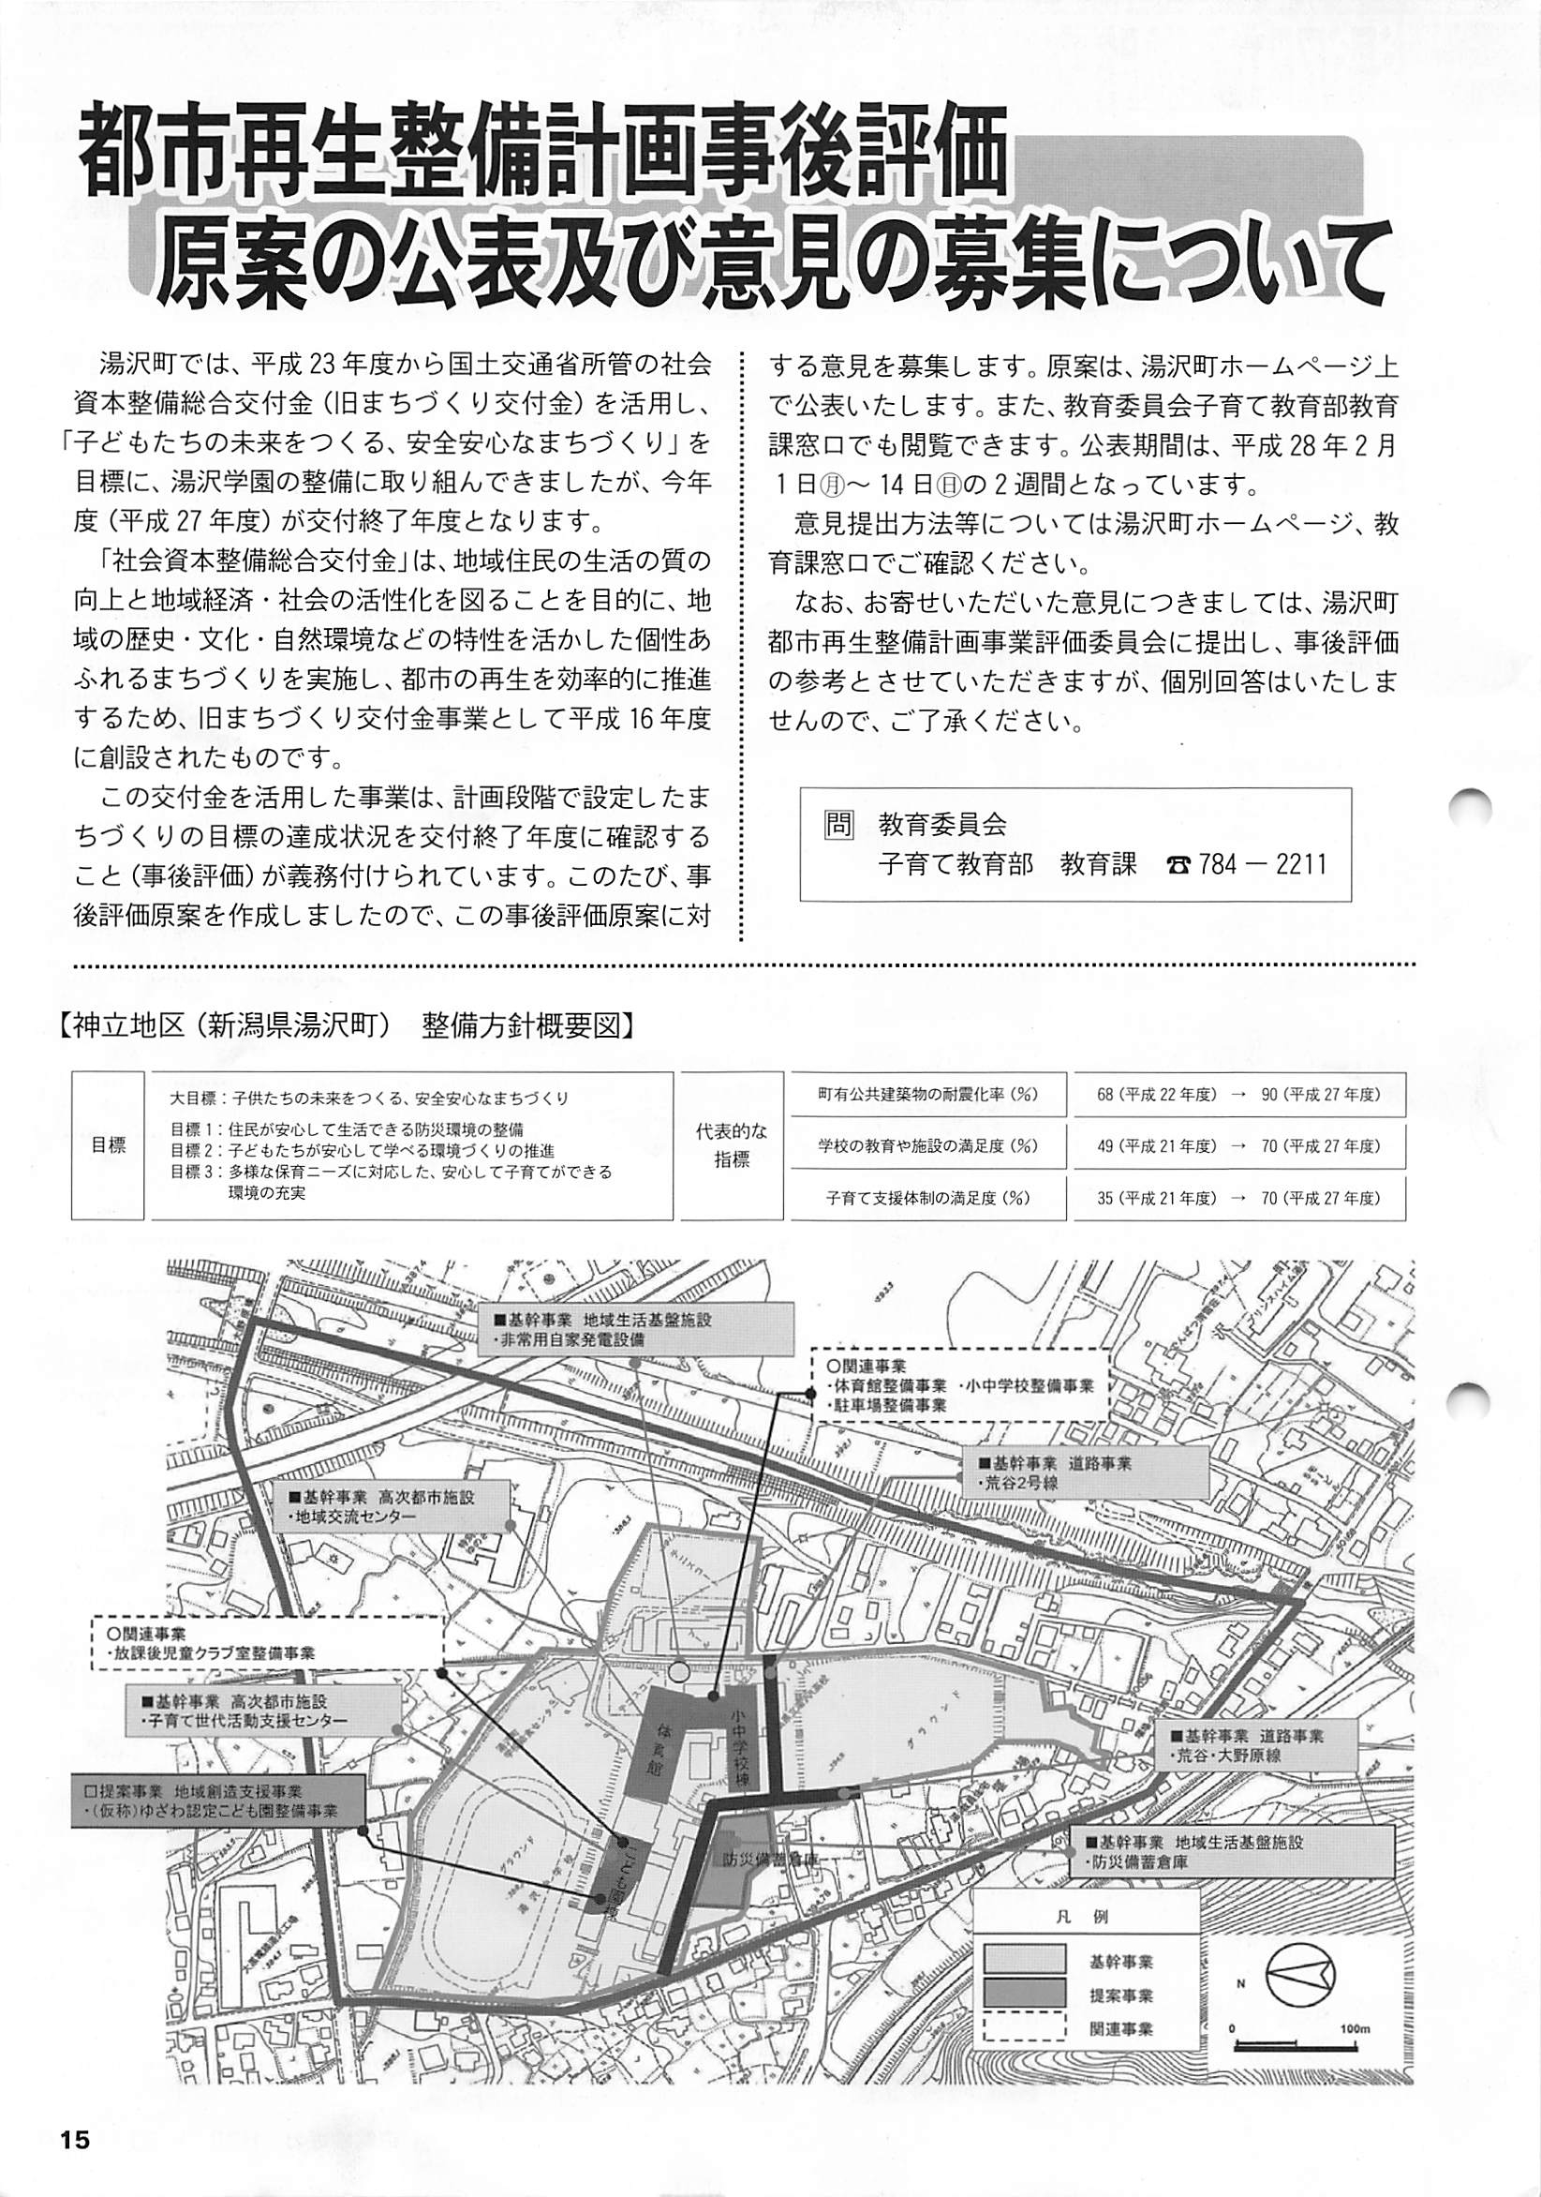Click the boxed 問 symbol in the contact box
coord(837,824)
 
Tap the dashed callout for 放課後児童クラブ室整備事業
coord(268,1640)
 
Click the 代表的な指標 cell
coord(732,1145)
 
